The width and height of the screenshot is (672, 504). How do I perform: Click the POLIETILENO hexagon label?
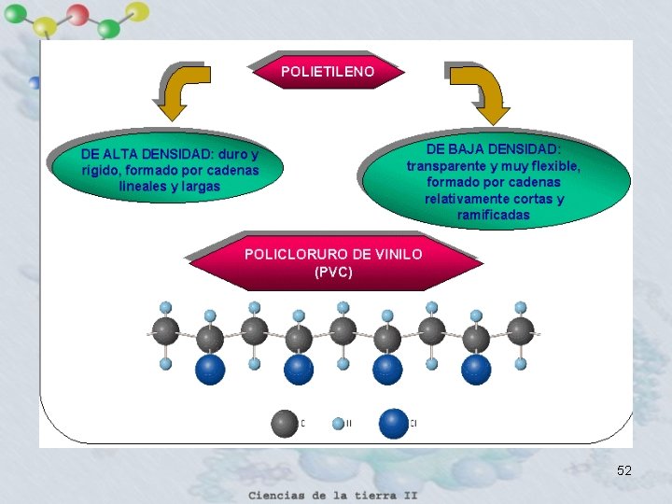[328, 71]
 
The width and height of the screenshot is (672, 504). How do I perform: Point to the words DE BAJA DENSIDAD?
[494, 149]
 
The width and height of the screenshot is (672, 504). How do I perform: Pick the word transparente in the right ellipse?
[443, 166]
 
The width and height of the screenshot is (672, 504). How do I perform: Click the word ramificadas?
[494, 216]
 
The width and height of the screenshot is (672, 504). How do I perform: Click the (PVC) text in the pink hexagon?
[333, 273]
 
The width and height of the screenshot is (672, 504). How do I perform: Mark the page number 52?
[624, 471]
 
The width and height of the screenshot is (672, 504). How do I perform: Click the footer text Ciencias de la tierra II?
[333, 495]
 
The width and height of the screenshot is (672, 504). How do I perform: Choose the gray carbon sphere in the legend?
[285, 423]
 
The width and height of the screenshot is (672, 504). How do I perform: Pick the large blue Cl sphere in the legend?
[394, 423]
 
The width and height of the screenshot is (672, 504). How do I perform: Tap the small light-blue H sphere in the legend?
[338, 424]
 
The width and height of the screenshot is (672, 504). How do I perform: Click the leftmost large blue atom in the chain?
[210, 370]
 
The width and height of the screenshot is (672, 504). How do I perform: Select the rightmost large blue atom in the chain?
[476, 370]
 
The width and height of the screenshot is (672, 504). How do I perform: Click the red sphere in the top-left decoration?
[78, 14]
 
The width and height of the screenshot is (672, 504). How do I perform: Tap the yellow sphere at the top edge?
[137, 11]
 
